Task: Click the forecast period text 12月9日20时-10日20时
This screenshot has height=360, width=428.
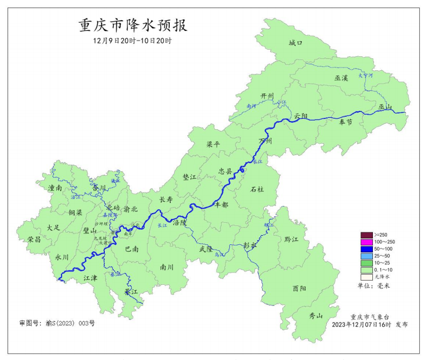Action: [132, 41]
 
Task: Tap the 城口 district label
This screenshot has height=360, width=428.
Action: [295, 43]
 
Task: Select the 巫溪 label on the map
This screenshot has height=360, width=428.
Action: [341, 78]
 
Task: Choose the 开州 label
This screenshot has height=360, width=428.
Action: [267, 96]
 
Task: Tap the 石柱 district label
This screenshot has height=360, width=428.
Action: [257, 189]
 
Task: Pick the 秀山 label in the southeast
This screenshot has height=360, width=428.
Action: [315, 316]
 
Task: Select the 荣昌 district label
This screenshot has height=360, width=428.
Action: [34, 239]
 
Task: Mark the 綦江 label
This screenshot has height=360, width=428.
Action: [131, 291]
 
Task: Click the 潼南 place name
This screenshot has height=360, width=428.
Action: [55, 188]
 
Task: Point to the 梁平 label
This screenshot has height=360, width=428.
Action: [213, 145]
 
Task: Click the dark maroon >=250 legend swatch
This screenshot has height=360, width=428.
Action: [366, 235]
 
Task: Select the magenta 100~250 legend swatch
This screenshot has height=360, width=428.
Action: [366, 242]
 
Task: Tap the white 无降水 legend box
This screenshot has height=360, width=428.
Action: [366, 276]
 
